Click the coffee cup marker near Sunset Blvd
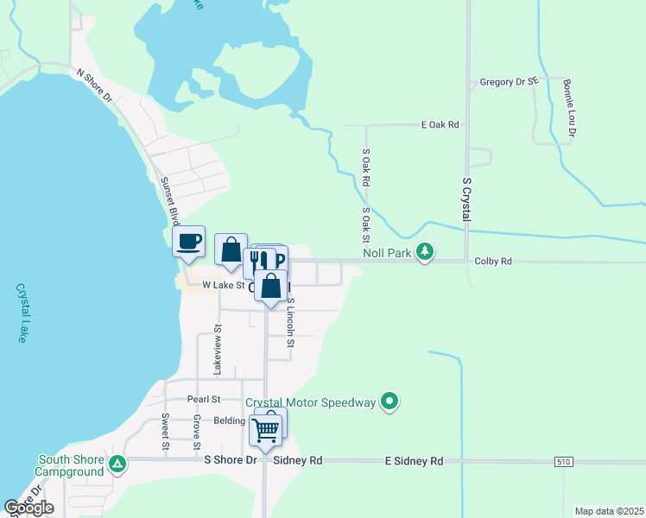tap(188, 242)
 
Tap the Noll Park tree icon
tap(424, 251)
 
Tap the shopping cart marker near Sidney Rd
tap(265, 430)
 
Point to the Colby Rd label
tap(493, 261)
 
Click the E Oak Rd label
tap(440, 125)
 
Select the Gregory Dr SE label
tap(509, 83)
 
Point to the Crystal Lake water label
tap(21, 313)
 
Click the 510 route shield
tap(563, 463)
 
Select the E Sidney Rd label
tap(414, 462)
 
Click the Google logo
tap(28, 508)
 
